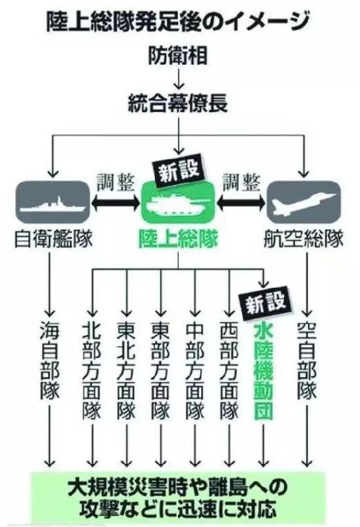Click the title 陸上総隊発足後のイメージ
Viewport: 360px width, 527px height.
pos(177,21)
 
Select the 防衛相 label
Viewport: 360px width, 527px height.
pos(178,55)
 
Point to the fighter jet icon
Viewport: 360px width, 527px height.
pos(304,203)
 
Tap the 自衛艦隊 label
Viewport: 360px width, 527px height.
pos(54,240)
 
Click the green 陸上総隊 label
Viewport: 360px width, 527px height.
pos(178,240)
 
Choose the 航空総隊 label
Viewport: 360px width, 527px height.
pos(303,240)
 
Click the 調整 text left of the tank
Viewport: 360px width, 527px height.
pos(116,183)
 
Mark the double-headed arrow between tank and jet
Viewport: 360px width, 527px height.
pos(242,203)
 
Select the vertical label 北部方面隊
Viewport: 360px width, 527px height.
pos(92,371)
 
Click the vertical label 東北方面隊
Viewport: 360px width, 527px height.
pos(126,371)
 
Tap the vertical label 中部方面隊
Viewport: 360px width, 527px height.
pos(195,371)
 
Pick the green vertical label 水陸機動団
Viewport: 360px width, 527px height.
pos(263,371)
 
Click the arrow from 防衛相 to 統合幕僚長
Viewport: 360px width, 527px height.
pos(178,78)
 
